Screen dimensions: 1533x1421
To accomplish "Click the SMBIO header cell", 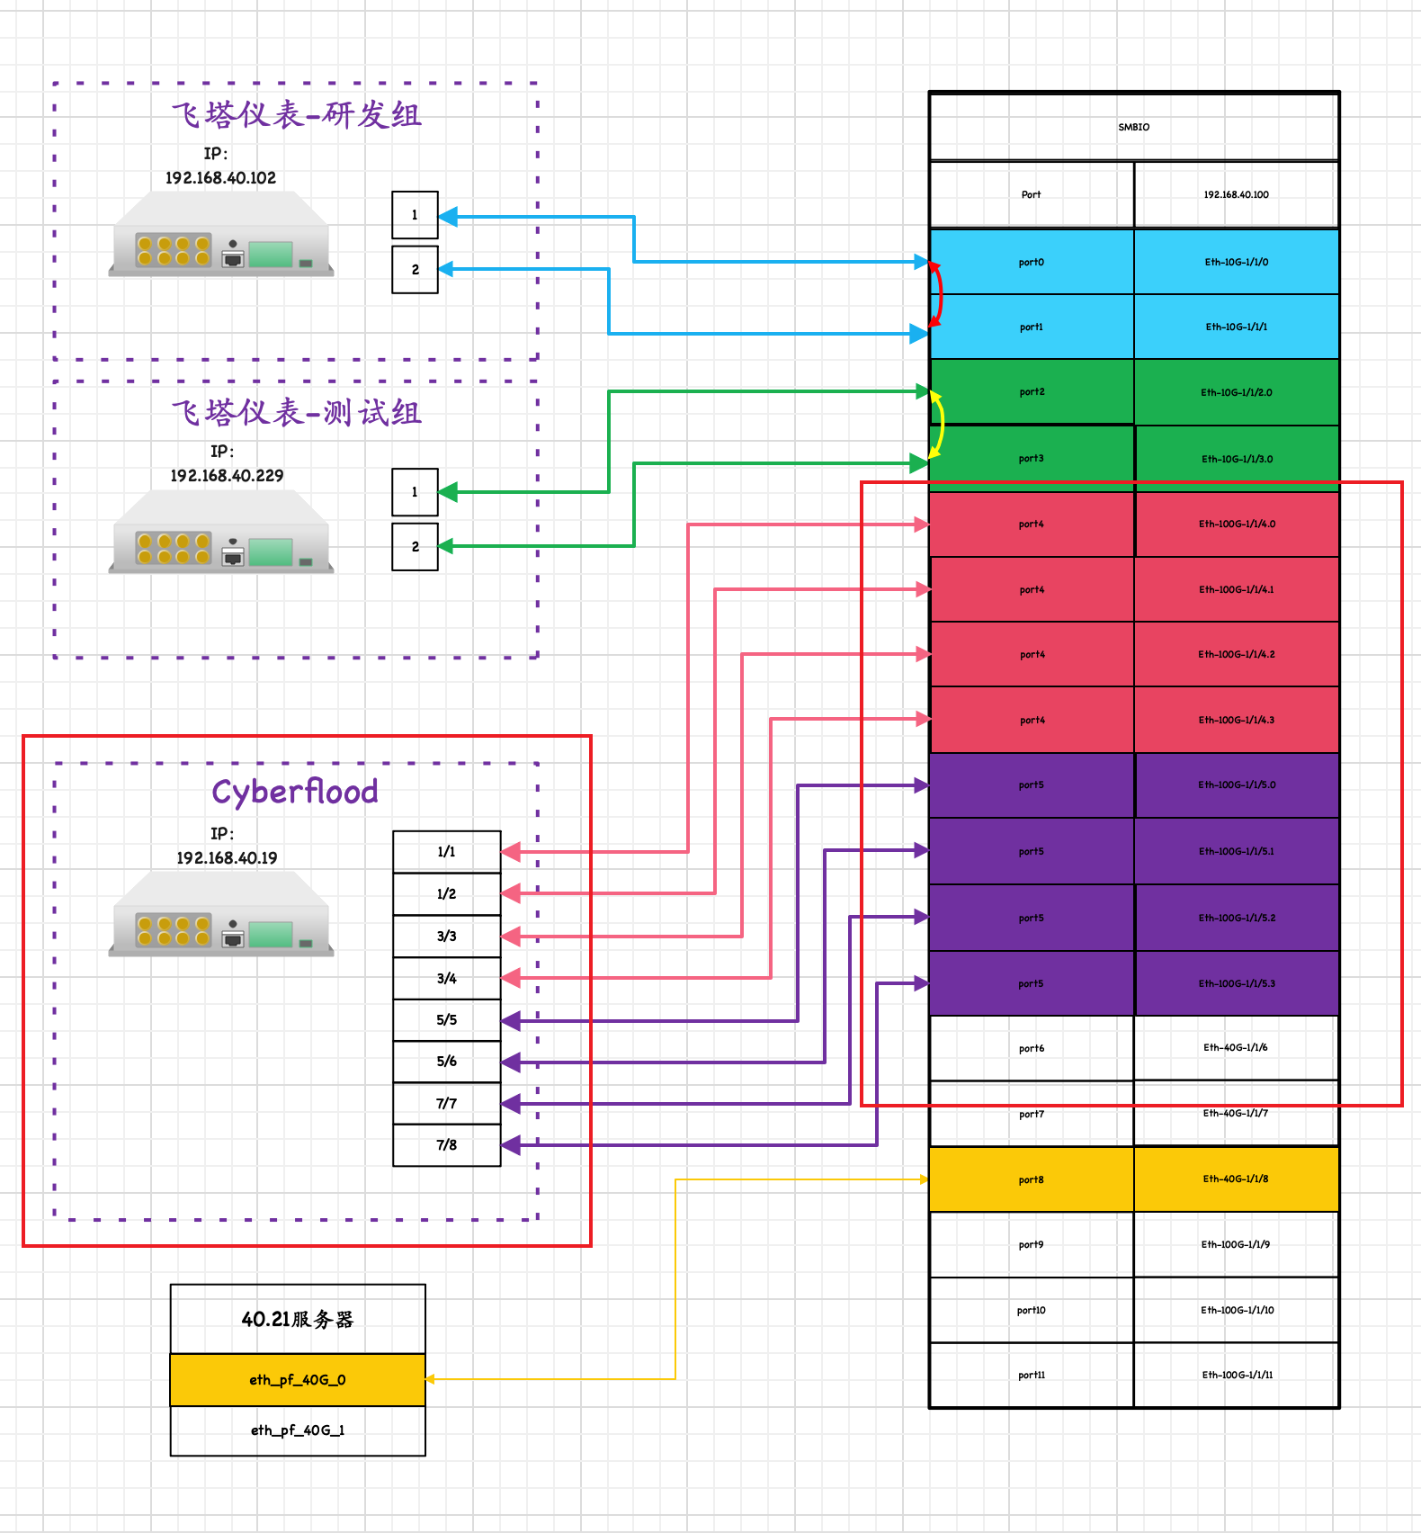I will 1133,127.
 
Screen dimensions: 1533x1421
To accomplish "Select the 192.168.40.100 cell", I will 1236,194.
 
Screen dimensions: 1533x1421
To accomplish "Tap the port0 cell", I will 1031,263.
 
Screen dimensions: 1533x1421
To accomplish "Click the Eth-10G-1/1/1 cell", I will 1236,327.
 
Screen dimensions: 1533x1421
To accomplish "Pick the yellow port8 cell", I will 1031,1179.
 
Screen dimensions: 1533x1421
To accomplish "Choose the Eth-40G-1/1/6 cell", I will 1236,1048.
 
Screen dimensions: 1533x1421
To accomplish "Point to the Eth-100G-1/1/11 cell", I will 1236,1375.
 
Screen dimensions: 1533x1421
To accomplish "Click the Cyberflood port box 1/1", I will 446,852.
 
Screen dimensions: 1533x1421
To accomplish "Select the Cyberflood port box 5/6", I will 446,1062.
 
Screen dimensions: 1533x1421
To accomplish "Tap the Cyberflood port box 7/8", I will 446,1145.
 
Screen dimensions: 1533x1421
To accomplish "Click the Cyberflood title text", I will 295,793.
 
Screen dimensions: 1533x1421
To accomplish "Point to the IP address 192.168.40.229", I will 227,476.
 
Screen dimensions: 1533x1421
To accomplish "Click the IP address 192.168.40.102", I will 220,178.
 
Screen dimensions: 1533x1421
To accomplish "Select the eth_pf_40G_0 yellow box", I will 298,1380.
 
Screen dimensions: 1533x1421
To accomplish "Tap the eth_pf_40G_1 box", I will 298,1430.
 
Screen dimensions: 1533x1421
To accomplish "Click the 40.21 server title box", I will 298,1320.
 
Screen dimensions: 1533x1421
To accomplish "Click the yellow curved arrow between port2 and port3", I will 941,424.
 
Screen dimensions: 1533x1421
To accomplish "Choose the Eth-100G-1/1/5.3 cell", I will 1236,984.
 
